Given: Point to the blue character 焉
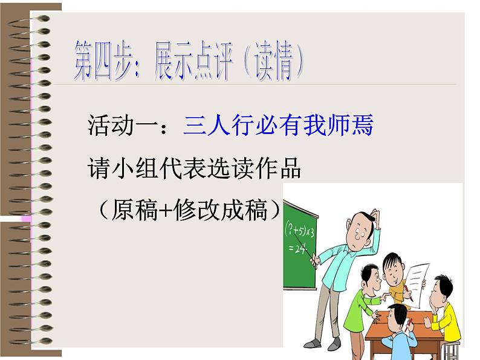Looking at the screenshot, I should point(362,126).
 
